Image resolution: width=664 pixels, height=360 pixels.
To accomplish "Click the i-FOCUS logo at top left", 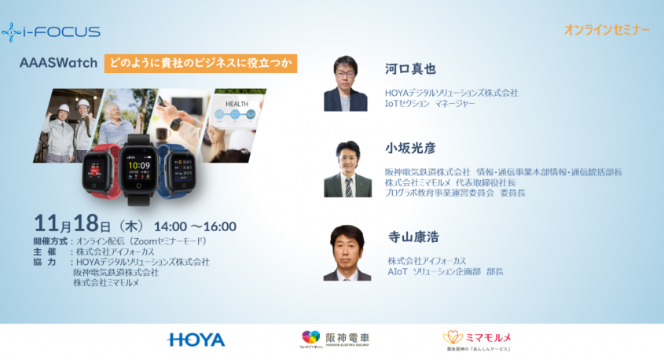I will point(51,32).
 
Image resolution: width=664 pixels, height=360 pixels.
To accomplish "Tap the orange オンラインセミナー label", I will point(607,30).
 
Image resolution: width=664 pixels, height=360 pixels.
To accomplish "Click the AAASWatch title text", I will point(59,63).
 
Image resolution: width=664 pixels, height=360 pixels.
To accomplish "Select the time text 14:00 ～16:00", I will point(194,226).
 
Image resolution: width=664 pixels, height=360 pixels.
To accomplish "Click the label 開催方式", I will point(51,241).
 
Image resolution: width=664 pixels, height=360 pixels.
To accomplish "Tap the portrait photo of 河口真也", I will point(346,84).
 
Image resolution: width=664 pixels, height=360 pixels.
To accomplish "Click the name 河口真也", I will point(410,68).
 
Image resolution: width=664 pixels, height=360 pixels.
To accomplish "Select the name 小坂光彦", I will point(410,148).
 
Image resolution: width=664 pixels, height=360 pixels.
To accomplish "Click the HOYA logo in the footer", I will point(196,340).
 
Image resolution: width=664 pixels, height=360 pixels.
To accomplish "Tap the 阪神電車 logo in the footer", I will point(336,339).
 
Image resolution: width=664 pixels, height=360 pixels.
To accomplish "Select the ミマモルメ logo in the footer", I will point(478,339).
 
